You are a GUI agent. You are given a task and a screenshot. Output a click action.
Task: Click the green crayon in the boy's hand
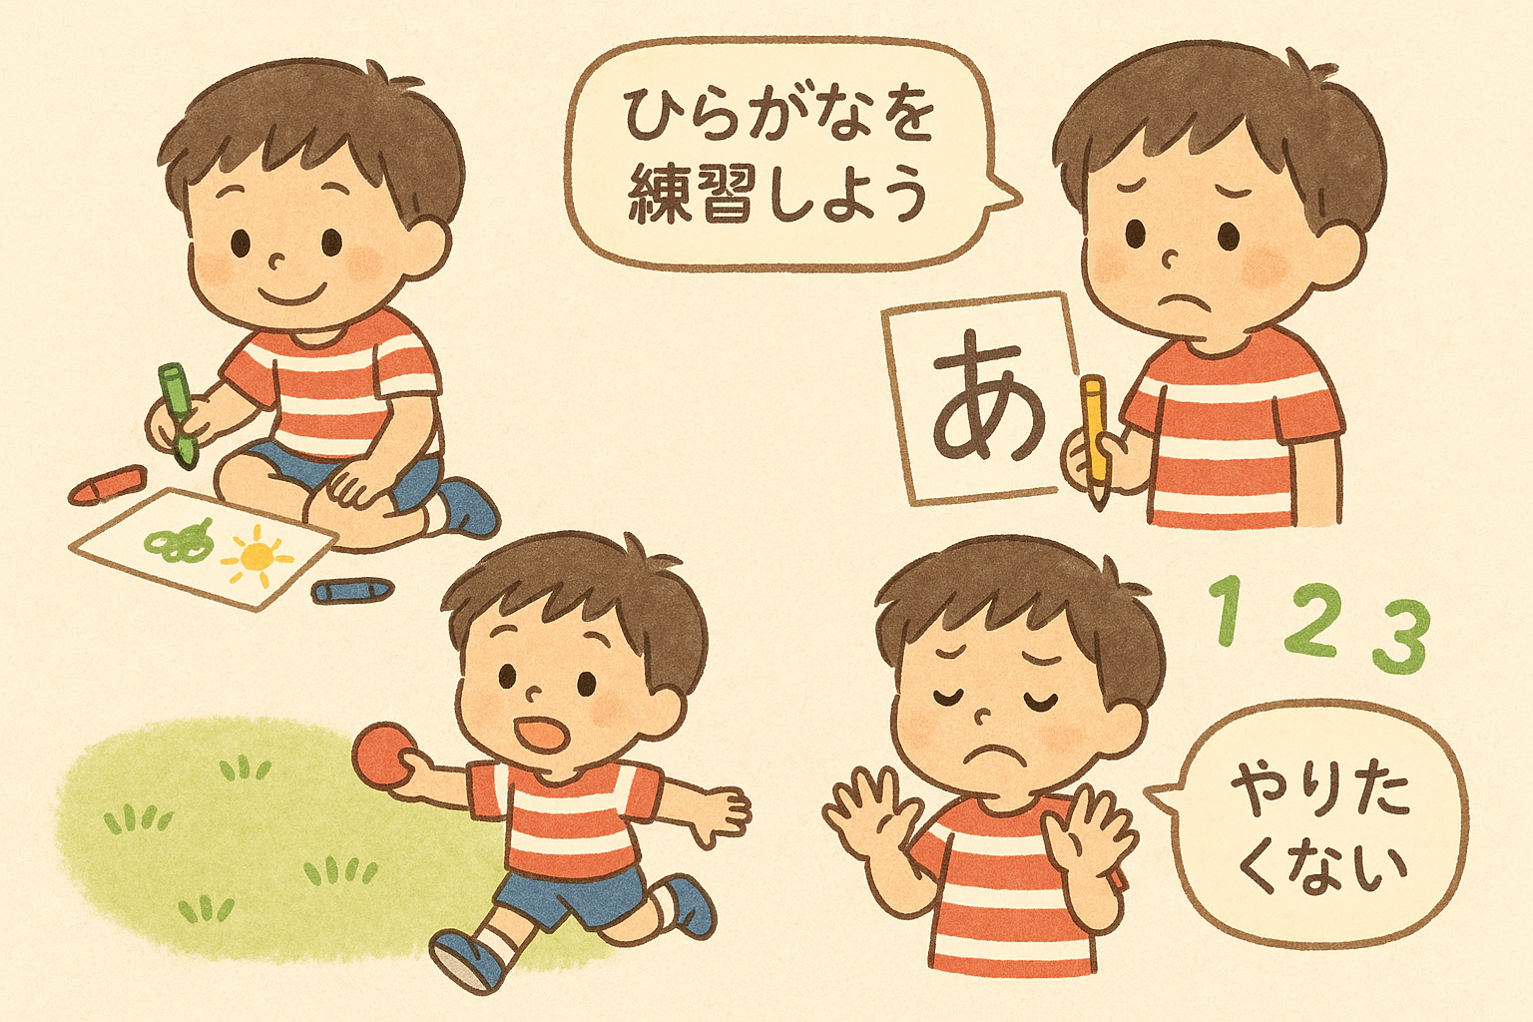[x=178, y=414]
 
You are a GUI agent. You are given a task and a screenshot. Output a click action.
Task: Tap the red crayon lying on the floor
[x=108, y=485]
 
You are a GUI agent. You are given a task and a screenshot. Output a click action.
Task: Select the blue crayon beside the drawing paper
[x=352, y=590]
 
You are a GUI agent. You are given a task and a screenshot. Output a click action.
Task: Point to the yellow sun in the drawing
[x=257, y=556]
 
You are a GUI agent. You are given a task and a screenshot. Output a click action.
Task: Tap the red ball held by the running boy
[x=384, y=755]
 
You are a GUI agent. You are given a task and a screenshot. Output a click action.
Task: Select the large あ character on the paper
[x=989, y=396]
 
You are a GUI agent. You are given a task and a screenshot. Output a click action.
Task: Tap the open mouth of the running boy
[x=543, y=734]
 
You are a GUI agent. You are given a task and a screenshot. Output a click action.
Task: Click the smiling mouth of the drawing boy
[x=292, y=295]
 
